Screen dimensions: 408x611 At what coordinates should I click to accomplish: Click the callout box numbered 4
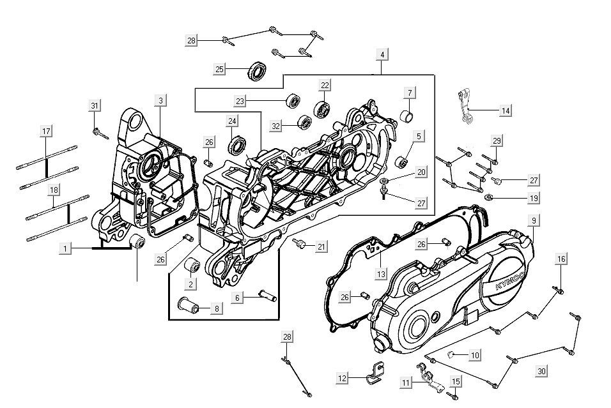pos(382,55)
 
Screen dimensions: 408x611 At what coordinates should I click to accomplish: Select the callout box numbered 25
pos(219,69)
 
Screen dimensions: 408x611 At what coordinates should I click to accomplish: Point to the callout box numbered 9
pos(532,221)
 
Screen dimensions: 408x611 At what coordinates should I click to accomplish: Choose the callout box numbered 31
pos(95,105)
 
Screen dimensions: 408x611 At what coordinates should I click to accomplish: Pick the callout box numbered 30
pos(541,371)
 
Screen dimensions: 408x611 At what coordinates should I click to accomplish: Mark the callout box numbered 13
pos(381,273)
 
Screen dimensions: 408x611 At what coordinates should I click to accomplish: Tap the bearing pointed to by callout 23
pos(294,100)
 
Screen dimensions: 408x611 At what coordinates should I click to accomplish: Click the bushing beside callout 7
pos(406,117)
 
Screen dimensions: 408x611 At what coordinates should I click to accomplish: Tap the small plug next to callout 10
pos(451,354)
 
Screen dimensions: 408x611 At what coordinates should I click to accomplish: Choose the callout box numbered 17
pos(46,131)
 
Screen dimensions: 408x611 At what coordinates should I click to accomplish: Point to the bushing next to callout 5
pos(403,161)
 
